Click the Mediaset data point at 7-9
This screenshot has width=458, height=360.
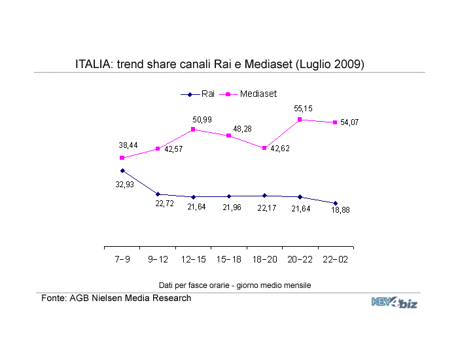(122, 158)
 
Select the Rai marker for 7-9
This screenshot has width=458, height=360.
(122, 171)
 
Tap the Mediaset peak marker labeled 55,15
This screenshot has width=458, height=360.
(300, 120)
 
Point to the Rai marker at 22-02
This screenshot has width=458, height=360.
(335, 203)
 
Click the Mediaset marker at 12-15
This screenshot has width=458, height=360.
(194, 130)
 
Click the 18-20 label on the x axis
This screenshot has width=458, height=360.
(264, 259)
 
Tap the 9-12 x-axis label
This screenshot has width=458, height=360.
(158, 259)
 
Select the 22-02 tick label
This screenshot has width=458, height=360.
(335, 259)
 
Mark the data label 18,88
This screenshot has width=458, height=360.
(340, 210)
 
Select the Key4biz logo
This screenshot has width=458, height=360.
(394, 302)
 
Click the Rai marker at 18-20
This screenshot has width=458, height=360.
(264, 196)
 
